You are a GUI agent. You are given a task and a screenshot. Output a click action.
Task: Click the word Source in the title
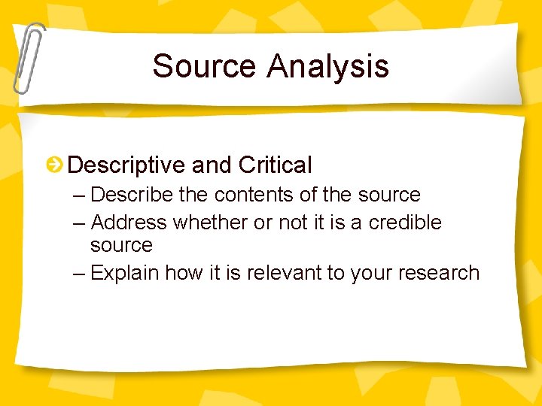pyautogui.click(x=205, y=65)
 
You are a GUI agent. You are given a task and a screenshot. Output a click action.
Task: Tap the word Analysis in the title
pyautogui.click(x=327, y=65)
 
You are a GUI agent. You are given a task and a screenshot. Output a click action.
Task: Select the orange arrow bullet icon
pyautogui.click(x=55, y=165)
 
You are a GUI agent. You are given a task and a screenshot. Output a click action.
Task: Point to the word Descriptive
pyautogui.click(x=126, y=165)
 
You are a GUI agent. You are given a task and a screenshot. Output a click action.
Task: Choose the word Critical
pyautogui.click(x=275, y=165)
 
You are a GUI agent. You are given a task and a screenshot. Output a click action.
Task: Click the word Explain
pyautogui.click(x=124, y=272)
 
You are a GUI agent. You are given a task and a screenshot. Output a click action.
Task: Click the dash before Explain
pyautogui.click(x=81, y=272)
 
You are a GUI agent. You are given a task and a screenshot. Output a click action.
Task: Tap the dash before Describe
pyautogui.click(x=81, y=195)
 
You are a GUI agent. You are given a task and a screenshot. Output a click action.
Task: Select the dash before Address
pyautogui.click(x=81, y=223)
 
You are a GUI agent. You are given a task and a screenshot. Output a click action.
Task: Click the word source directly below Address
pyautogui.click(x=121, y=246)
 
